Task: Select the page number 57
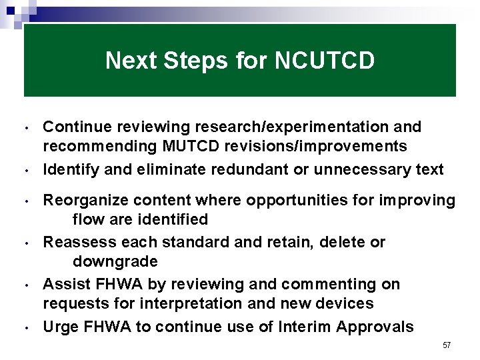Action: point(446,345)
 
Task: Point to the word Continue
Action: point(73,127)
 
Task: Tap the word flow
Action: point(88,219)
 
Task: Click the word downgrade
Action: point(115,261)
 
